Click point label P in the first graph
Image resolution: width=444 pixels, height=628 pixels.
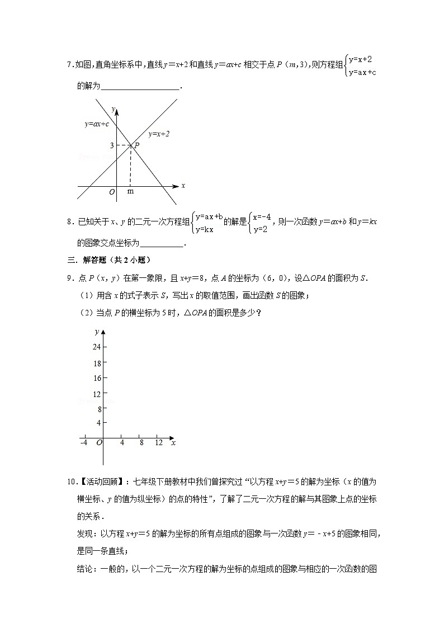pyautogui.click(x=136, y=145)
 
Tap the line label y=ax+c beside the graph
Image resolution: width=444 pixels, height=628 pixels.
pyautogui.click(x=96, y=124)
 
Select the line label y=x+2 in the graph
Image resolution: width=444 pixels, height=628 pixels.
pyautogui.click(x=159, y=134)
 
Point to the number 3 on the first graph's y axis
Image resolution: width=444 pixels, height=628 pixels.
pyautogui.click(x=112, y=145)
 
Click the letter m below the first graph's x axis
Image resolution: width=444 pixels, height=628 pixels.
pyautogui.click(x=130, y=191)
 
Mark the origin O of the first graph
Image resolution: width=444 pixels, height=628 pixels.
pyautogui.click(x=112, y=192)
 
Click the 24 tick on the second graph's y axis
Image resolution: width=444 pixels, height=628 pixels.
pyautogui.click(x=96, y=347)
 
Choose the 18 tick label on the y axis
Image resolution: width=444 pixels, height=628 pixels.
pyautogui.click(x=96, y=363)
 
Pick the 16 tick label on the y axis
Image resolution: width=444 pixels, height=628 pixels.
pyautogui.click(x=96, y=378)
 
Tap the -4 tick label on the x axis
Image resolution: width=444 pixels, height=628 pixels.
pyautogui.click(x=84, y=443)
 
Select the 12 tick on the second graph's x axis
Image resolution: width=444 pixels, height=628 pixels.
pyautogui.click(x=159, y=443)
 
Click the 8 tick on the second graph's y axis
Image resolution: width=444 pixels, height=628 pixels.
pyautogui.click(x=98, y=409)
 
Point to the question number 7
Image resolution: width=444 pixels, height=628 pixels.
pyautogui.click(x=69, y=65)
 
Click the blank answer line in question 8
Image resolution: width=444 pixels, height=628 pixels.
pyautogui.click(x=161, y=243)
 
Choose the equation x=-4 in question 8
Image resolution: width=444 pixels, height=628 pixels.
pyautogui.click(x=262, y=217)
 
